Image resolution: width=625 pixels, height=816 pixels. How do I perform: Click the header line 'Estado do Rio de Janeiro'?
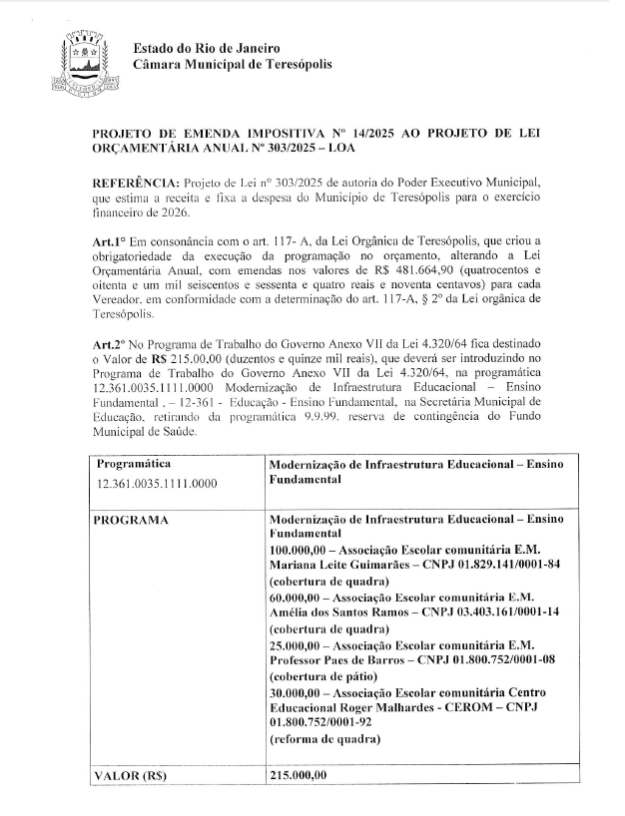pyautogui.click(x=207, y=48)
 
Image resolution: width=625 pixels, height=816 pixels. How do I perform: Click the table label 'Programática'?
pyautogui.click(x=134, y=464)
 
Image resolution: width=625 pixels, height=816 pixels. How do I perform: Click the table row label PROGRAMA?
pyautogui.click(x=131, y=521)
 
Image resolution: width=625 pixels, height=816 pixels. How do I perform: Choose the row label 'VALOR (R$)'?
pyautogui.click(x=130, y=775)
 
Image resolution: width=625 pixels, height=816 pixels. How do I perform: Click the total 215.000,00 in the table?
pyautogui.click(x=298, y=775)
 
